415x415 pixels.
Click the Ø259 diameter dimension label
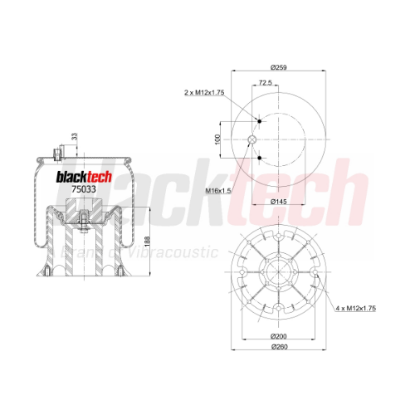pyautogui.click(x=279, y=67)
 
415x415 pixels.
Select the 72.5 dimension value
pyautogui.click(x=266, y=82)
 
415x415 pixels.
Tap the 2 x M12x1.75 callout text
pyautogui.click(x=204, y=92)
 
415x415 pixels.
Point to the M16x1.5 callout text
pyautogui.click(x=218, y=191)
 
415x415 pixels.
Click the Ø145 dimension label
pyautogui.click(x=279, y=202)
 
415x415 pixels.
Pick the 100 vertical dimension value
pyautogui.click(x=217, y=139)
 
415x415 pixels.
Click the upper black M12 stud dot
pyautogui.click(x=260, y=121)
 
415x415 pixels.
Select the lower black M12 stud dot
pyautogui.click(x=260, y=158)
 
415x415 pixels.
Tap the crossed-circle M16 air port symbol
pyautogui.click(x=252, y=139)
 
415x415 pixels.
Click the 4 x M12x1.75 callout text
pyautogui.click(x=356, y=308)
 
